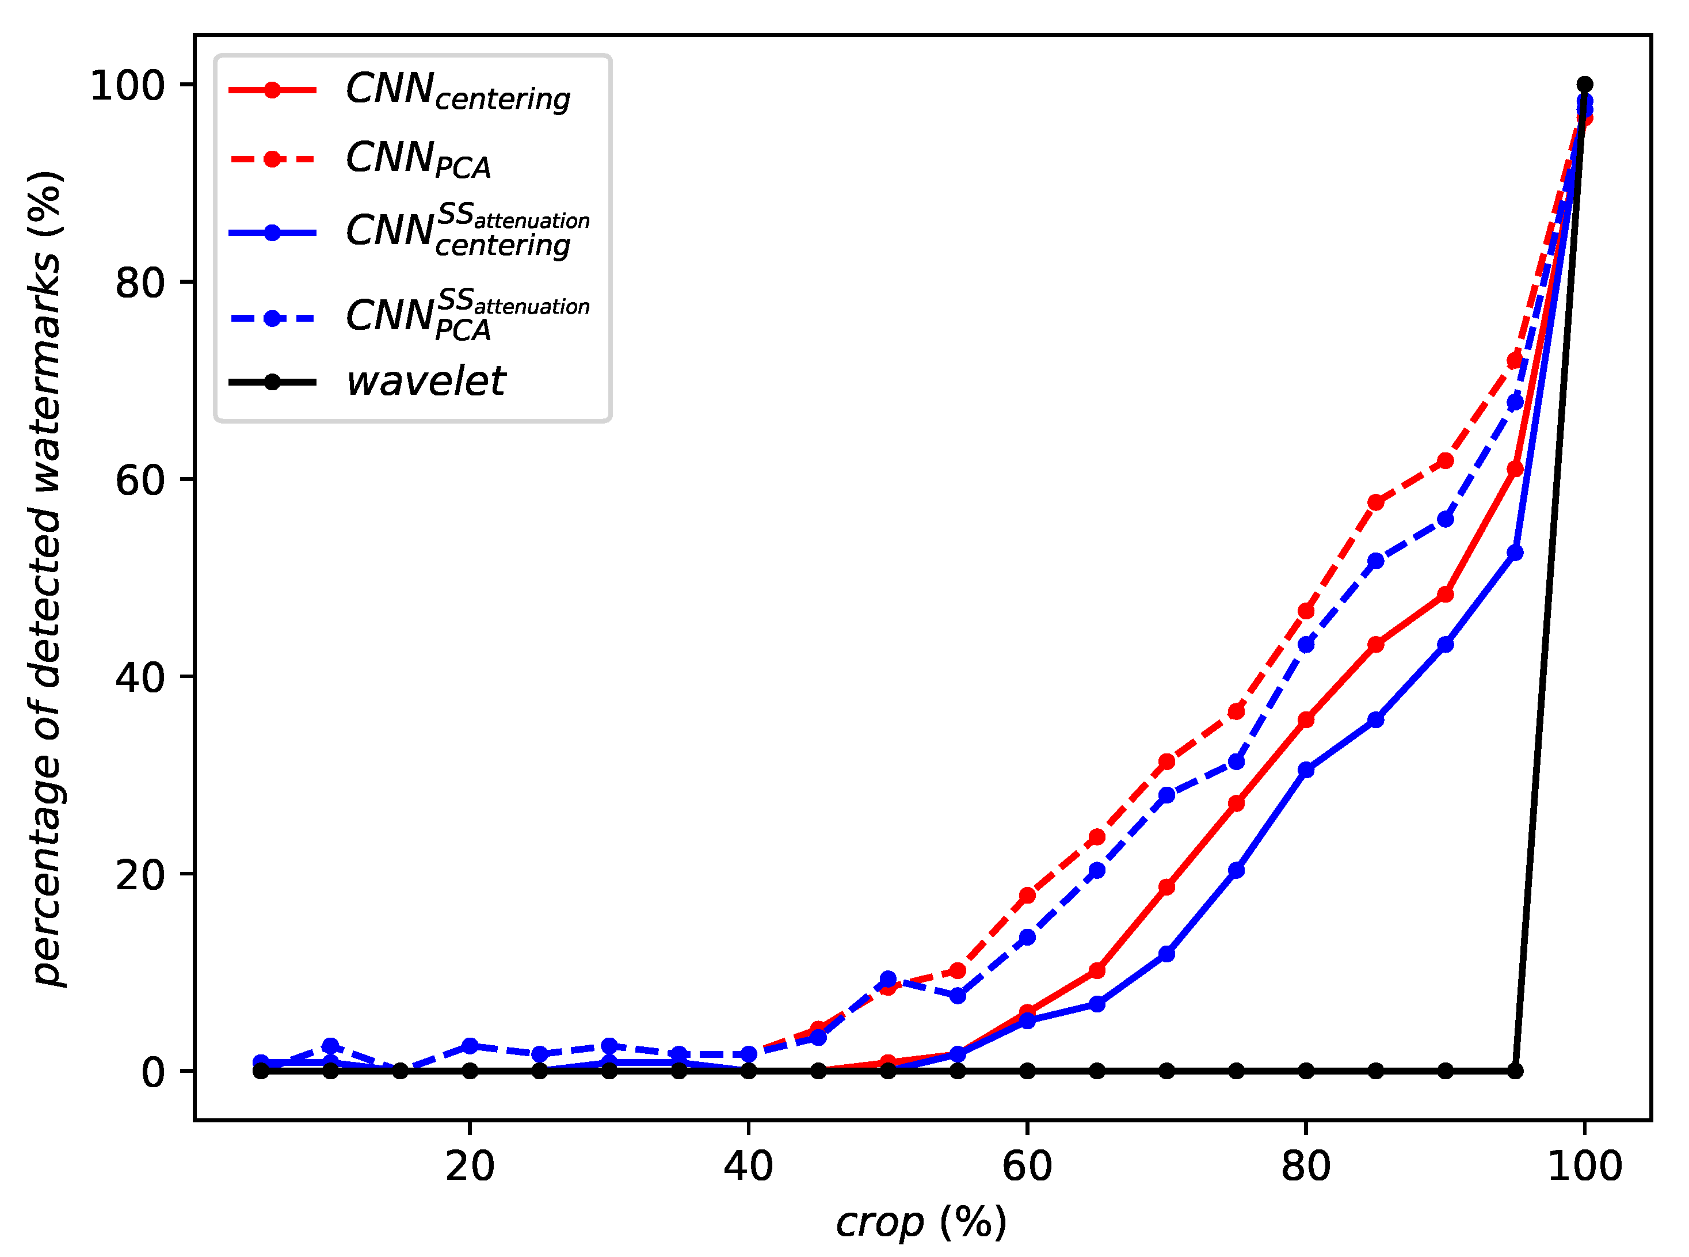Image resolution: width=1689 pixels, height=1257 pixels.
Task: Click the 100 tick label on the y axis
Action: [128, 85]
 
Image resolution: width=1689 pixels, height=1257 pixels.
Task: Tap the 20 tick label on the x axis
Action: [470, 1167]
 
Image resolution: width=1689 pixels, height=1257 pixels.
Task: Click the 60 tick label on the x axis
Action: [1027, 1167]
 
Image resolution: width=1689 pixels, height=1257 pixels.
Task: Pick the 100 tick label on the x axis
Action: [1585, 1167]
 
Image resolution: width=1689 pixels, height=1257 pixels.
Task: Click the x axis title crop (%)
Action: [921, 1223]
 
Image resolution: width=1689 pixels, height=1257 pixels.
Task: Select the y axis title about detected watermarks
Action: [45, 578]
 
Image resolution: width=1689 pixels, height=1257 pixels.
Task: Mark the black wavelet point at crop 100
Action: [1585, 85]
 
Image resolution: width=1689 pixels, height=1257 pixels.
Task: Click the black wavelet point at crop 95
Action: [1515, 1071]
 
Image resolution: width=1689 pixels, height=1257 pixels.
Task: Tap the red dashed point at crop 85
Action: [1375, 502]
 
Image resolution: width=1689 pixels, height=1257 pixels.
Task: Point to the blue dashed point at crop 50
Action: [888, 978]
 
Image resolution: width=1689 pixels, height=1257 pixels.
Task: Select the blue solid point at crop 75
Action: [1236, 870]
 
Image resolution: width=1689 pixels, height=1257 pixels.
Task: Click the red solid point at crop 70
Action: [1166, 886]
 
